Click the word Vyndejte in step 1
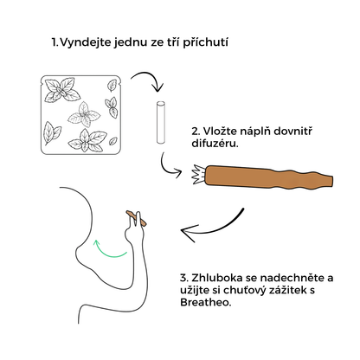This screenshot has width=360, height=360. (86, 42)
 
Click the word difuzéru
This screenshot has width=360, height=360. (215, 144)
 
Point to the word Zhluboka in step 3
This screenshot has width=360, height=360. (216, 278)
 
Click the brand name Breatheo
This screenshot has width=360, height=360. (206, 302)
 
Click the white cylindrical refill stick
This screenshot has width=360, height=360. (161, 122)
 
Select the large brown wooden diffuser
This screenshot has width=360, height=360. (269, 177)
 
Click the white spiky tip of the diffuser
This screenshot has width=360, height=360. (198, 175)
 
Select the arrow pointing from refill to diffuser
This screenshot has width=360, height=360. (168, 169)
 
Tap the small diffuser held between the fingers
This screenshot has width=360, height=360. (136, 218)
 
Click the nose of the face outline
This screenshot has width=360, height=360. (78, 253)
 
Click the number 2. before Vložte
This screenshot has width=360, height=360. (196, 132)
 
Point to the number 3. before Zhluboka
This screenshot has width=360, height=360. (184, 278)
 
